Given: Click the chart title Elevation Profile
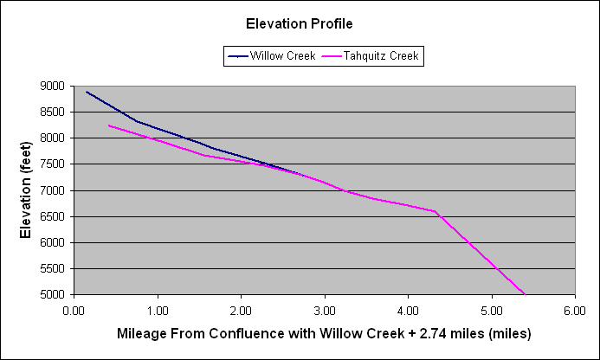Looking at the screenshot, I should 300,23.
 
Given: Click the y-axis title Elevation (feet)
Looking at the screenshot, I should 26,190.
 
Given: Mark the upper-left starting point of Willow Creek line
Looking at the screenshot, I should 87,92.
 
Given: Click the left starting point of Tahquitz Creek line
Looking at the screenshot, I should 109,125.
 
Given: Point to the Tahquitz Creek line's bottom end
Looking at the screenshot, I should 525,294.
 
